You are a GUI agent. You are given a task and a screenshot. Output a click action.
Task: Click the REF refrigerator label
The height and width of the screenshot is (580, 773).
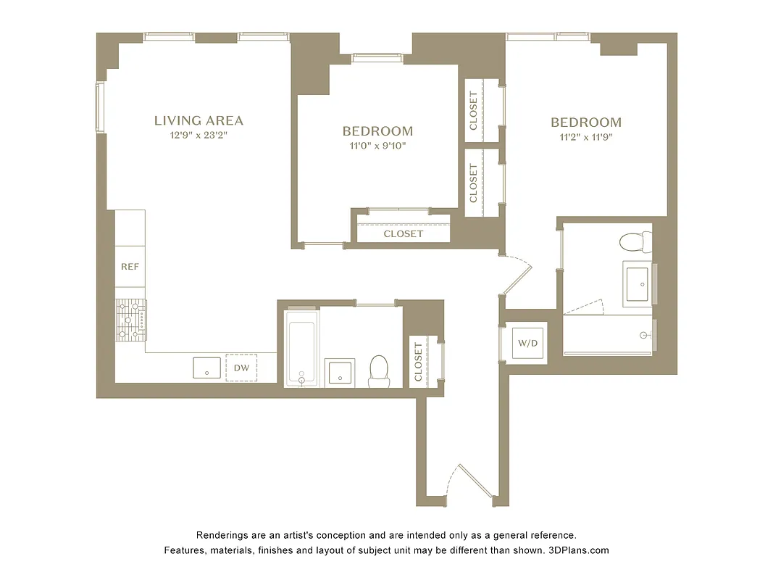[130, 267]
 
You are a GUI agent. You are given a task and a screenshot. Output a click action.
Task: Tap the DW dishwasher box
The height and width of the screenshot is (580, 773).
[241, 368]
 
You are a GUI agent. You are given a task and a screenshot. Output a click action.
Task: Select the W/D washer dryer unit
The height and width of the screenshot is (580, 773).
[527, 343]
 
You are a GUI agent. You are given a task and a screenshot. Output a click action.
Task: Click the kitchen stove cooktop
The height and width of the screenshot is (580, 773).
[130, 319]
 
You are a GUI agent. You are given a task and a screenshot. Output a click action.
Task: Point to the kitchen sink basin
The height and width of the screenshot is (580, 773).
[206, 368]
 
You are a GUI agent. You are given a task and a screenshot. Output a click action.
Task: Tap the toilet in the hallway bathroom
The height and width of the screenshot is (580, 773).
[379, 371]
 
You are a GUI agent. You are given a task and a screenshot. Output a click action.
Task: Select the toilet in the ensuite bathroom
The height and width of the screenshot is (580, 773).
[637, 244]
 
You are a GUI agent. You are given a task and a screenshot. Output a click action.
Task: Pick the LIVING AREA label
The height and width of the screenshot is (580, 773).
[199, 121]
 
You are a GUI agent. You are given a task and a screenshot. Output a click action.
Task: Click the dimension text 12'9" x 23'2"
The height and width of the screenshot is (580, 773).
[199, 135]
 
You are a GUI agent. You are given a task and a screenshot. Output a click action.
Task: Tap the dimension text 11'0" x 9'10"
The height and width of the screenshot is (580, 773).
[377, 146]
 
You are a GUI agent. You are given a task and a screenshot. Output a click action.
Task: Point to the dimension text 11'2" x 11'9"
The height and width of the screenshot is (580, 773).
[585, 136]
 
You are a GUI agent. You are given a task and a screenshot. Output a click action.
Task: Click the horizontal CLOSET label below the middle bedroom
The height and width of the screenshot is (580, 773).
[403, 234]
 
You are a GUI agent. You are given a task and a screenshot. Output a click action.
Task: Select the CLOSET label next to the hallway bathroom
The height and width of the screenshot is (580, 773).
[418, 361]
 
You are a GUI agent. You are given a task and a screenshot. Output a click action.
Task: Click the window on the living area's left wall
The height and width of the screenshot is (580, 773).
[101, 107]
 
